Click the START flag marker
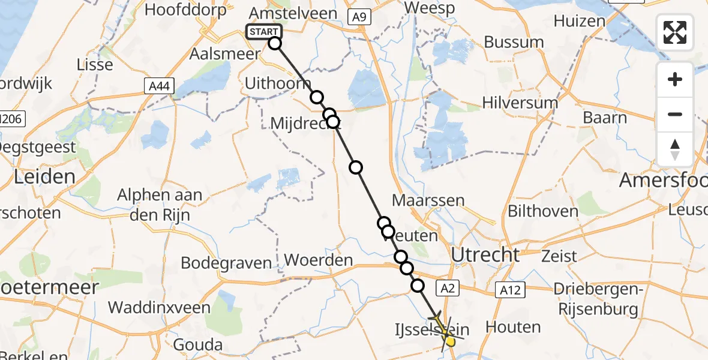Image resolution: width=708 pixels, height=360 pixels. tap(263, 32)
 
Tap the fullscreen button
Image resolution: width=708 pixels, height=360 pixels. tap(675, 32)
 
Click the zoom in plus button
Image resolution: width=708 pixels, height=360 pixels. tap(675, 79)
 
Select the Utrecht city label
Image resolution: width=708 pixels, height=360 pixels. tap(485, 255)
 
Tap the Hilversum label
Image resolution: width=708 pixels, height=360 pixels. tap(520, 103)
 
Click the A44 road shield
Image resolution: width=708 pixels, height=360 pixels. tap(159, 86)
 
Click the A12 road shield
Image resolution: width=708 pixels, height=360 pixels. tap(511, 290)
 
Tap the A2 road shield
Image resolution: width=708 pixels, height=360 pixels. tap(448, 289)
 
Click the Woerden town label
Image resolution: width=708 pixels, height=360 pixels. tap(318, 260)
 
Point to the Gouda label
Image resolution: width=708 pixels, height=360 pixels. tap(197, 345)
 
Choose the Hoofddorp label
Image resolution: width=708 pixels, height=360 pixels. tap(185, 10)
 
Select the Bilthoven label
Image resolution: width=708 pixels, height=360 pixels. tap(543, 211)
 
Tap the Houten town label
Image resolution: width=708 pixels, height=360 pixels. tap(513, 327)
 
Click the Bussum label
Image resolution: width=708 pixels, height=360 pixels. tap(514, 43)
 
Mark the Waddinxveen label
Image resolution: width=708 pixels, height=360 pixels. tap(159, 307)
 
